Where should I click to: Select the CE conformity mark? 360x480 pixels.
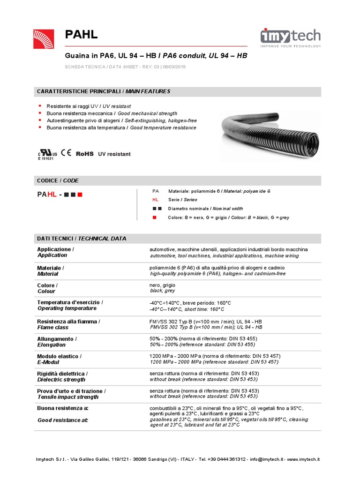click(66, 153)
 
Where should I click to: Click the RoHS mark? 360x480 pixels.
click(85, 153)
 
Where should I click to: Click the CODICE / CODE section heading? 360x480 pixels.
click(58, 180)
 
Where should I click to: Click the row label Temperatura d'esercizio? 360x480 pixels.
click(70, 302)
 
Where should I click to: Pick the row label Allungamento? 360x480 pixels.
click(57, 338)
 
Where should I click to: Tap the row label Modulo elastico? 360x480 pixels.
click(59, 356)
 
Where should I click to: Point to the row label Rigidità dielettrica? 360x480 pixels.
click(62, 374)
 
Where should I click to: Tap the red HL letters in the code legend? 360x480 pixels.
click(156, 200)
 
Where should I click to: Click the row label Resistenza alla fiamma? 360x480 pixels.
click(68, 321)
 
